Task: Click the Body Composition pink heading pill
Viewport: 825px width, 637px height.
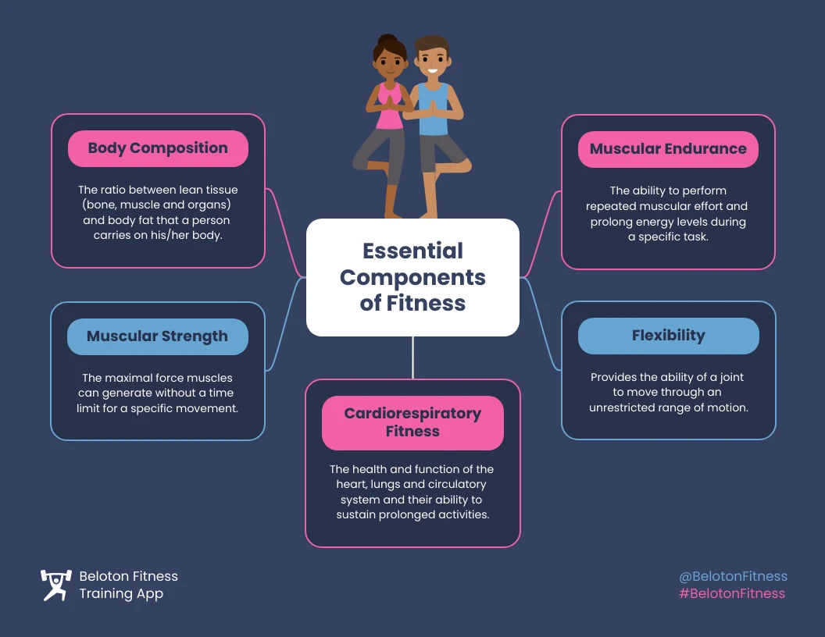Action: (158, 148)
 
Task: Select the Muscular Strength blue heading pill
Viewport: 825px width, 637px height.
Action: (158, 336)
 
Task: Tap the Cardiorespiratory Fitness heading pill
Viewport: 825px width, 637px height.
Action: (412, 422)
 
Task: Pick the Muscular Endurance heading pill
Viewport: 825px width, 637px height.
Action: (668, 149)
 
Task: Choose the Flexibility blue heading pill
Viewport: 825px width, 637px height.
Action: (668, 336)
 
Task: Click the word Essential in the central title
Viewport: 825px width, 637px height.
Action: (412, 251)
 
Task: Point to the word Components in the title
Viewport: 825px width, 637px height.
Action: (412, 277)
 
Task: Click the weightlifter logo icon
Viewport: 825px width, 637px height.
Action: (55, 585)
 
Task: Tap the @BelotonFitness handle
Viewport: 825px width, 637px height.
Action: (733, 576)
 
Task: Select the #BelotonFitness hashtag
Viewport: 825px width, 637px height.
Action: (732, 593)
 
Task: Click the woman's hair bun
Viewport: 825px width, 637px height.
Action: (387, 40)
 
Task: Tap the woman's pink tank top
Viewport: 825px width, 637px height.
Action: (388, 109)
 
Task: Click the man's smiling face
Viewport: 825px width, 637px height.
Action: (430, 62)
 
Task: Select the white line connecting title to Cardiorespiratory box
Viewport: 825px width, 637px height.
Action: (412, 358)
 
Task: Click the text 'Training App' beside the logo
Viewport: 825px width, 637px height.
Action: (121, 593)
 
